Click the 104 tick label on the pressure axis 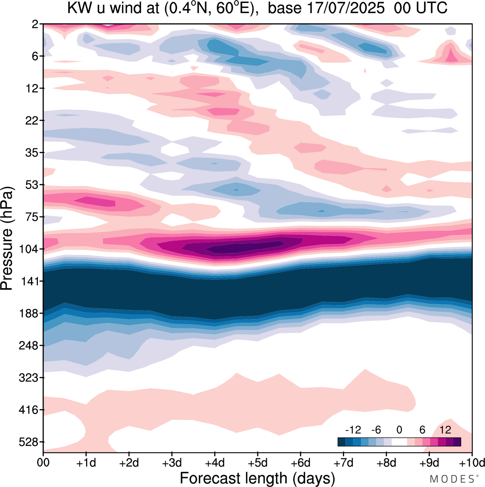pos(29,249)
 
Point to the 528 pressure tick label pos(29,442)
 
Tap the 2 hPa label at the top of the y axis pos(35,24)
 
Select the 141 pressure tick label pos(29,281)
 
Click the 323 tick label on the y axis pos(29,378)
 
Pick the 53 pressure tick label pos(32,185)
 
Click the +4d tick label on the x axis pos(214,463)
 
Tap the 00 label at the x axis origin pos(43,463)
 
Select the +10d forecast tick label pos(471,463)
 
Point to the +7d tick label pos(343,463)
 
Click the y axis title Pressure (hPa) pos(7,239)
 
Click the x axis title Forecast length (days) pos(257,478)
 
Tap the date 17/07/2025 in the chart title pos(345,8)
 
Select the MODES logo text pos(453,479)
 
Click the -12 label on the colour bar pos(353,430)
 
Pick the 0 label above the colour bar pos(399,430)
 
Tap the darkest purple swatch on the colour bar pos(457,442)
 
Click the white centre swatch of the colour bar pos(399,442)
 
